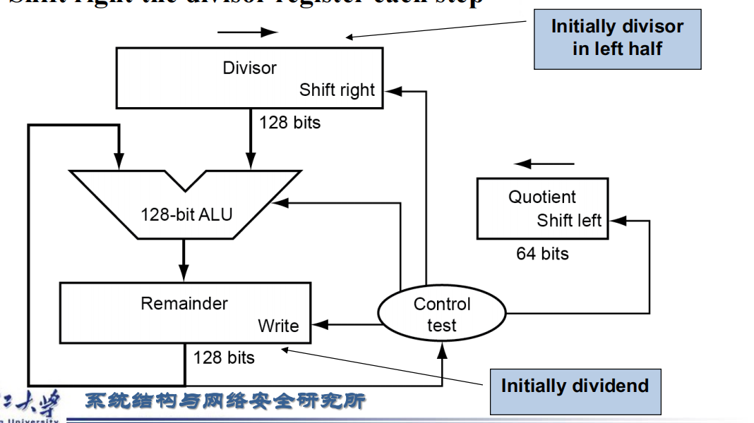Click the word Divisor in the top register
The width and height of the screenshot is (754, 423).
(x=249, y=68)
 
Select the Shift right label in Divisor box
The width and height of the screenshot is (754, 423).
(x=337, y=90)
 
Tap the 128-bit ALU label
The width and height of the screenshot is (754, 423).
(x=186, y=214)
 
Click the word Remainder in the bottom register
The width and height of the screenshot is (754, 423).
(x=184, y=304)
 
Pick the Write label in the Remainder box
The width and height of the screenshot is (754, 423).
(x=278, y=326)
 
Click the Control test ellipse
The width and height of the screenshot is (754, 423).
(x=442, y=314)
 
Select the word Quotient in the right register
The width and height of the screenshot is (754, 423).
(x=541, y=197)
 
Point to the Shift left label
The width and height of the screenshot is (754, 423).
(x=569, y=220)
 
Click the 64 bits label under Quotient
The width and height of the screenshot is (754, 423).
(x=542, y=254)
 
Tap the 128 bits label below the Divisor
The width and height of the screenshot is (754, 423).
(x=289, y=123)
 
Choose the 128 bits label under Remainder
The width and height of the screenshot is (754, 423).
(x=224, y=357)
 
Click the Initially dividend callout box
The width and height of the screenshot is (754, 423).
(x=575, y=386)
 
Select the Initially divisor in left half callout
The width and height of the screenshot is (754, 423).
(x=617, y=38)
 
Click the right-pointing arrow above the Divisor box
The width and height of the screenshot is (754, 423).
(x=248, y=32)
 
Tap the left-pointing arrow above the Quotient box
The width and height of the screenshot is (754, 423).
(x=544, y=164)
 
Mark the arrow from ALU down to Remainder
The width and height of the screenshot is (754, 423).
(x=184, y=261)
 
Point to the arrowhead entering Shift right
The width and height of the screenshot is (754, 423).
(x=392, y=91)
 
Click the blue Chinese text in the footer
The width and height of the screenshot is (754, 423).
(x=225, y=401)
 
